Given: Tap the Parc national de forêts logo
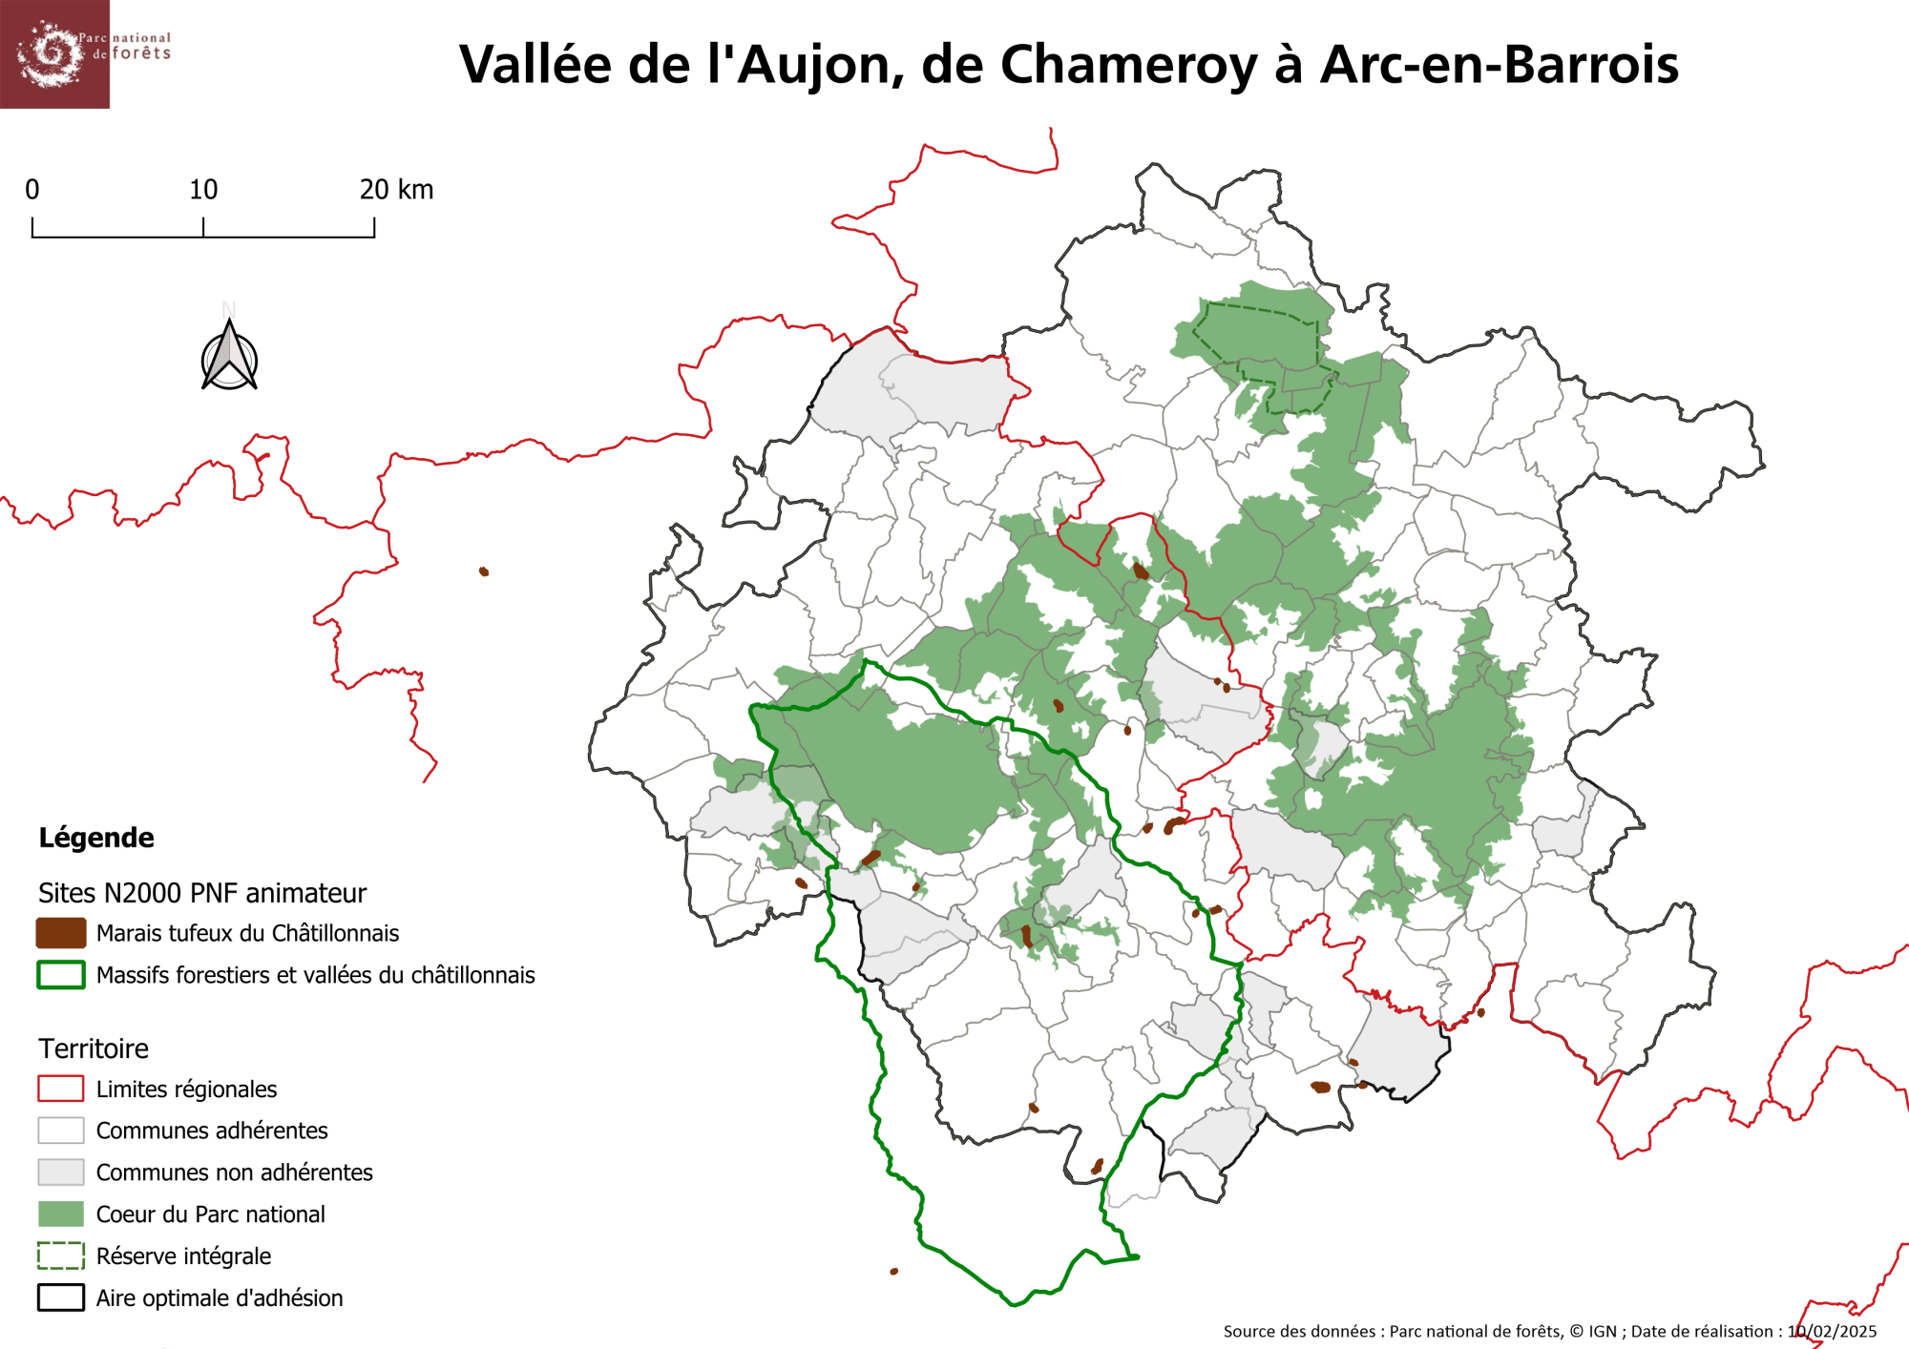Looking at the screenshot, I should coord(55,53).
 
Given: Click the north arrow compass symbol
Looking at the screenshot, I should coord(229,358).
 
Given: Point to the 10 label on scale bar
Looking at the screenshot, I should coord(203,190).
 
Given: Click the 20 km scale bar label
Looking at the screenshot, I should coord(396,190).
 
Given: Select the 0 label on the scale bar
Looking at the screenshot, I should coord(32,190).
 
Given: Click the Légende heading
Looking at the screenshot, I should coord(96,838).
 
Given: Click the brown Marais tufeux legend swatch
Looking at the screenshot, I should coord(61,933).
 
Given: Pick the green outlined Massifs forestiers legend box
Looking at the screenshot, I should coord(61,975).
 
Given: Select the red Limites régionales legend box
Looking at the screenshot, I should coord(61,1089).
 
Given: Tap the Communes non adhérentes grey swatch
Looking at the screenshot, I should coord(61,1172).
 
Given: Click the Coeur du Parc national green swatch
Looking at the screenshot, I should coord(61,1214).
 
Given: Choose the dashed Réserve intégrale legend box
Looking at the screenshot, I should coord(61,1256).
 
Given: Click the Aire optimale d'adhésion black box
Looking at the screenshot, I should coord(61,1297).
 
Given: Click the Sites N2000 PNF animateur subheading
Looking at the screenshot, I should coord(202,893).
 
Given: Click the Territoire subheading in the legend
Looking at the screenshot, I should coord(94,1048).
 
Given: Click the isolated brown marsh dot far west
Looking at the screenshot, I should coord(484,571).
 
